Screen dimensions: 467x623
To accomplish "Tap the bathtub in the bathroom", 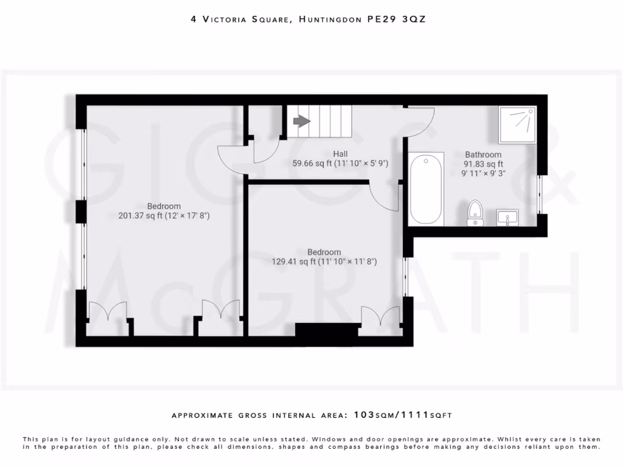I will (x=426, y=189).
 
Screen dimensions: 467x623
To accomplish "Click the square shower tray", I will (x=517, y=125).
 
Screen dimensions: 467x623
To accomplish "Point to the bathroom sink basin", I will (x=507, y=216).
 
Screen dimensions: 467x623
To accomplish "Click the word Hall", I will (x=340, y=154).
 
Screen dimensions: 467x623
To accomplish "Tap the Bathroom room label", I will (x=483, y=154).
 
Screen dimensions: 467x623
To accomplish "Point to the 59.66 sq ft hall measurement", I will (x=313, y=163).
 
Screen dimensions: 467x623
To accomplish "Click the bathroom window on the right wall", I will (x=540, y=194).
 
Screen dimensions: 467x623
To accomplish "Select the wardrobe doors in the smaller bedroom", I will (x=380, y=317).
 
